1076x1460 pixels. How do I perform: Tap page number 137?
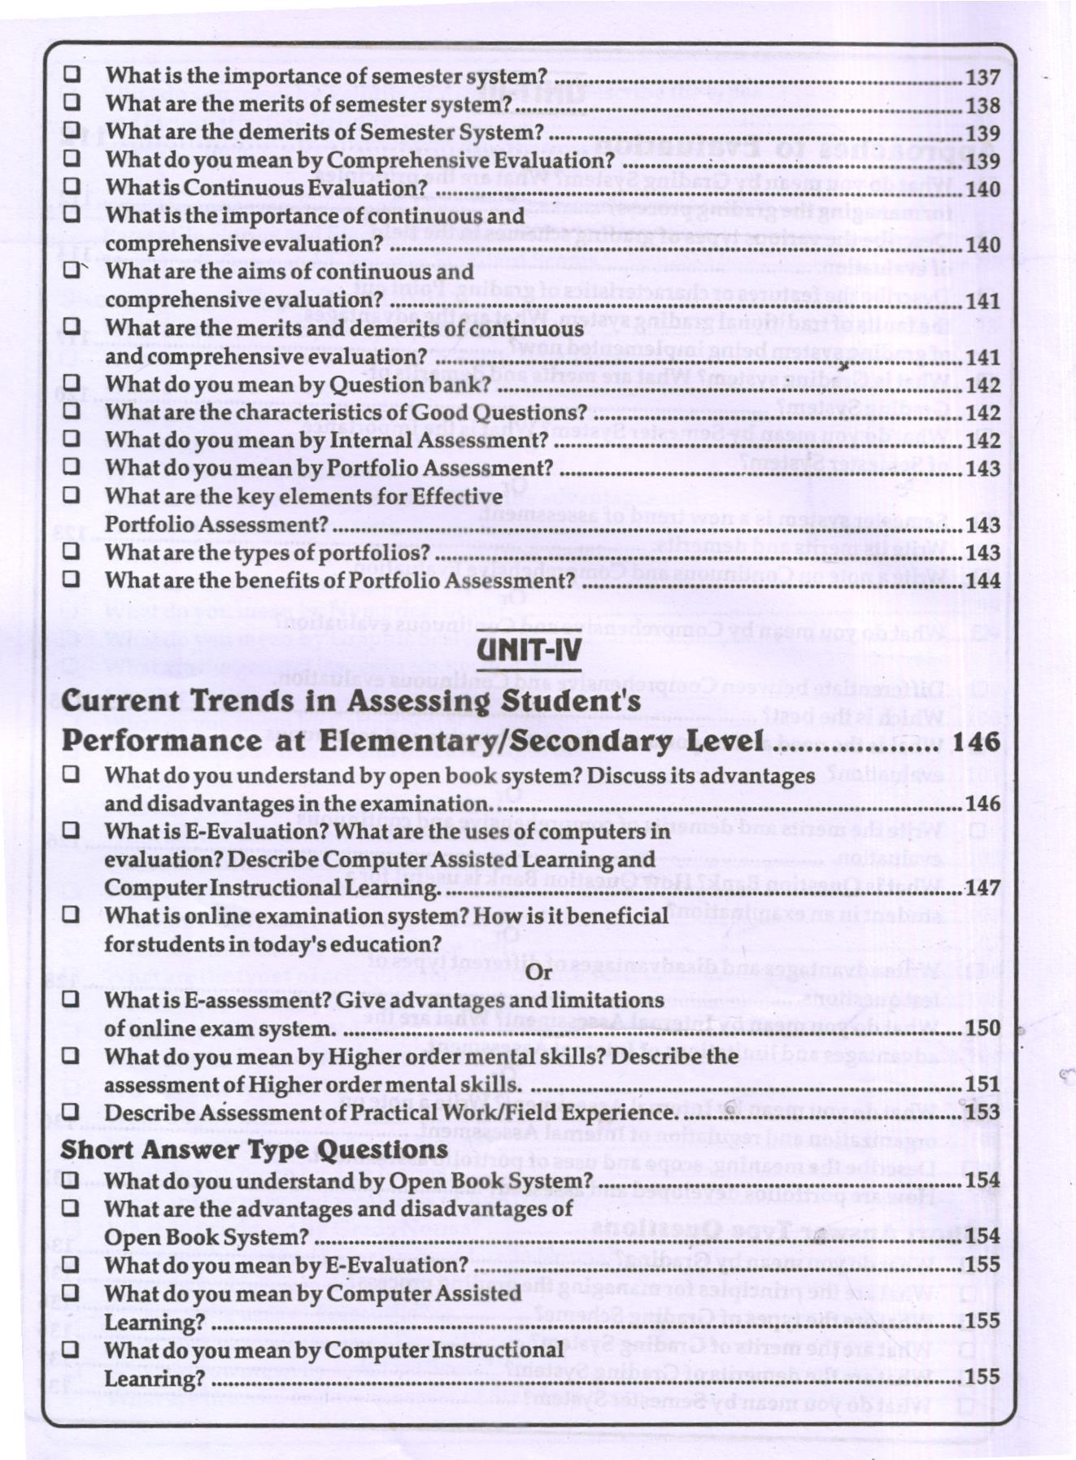(982, 77)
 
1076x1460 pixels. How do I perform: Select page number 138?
(982, 105)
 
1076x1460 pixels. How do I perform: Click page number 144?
(982, 581)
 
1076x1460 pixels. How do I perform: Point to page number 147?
(982, 887)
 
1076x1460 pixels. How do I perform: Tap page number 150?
(982, 1028)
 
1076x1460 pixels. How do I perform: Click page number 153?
(982, 1113)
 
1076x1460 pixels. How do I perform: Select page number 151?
(982, 1084)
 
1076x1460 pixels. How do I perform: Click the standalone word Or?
(539, 972)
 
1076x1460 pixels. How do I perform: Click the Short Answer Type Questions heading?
(254, 1149)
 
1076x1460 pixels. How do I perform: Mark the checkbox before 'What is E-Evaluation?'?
(72, 830)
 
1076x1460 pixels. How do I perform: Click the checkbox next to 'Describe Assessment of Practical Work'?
(72, 1111)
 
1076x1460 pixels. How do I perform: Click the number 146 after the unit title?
(975, 741)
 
